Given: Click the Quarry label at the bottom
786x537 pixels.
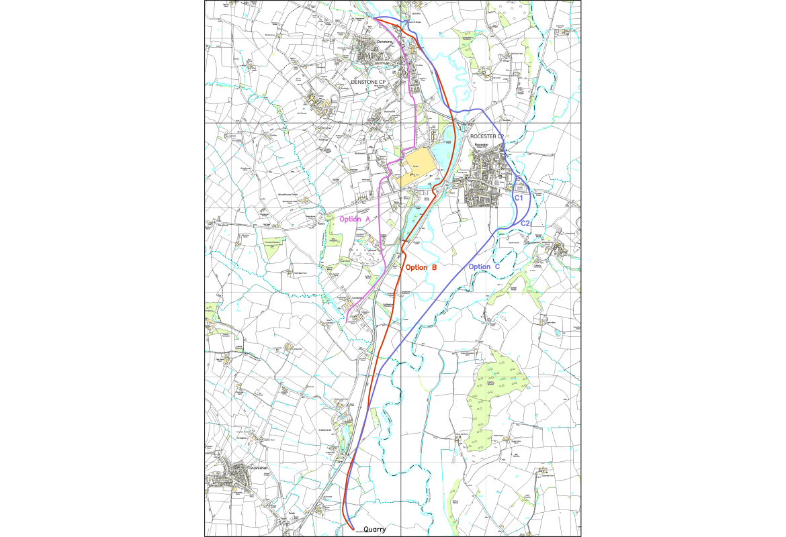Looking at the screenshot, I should pyautogui.click(x=375, y=530).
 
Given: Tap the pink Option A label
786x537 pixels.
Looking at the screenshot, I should pyautogui.click(x=355, y=219).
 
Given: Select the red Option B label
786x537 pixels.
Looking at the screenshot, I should pyautogui.click(x=421, y=267).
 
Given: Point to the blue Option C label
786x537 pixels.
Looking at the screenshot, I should pyautogui.click(x=484, y=267).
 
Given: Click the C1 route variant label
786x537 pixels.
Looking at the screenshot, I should pyautogui.click(x=519, y=199).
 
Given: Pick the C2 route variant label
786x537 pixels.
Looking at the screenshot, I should pyautogui.click(x=526, y=223).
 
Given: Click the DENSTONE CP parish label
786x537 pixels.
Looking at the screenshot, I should pyautogui.click(x=369, y=82).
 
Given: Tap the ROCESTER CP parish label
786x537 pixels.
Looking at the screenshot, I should pyautogui.click(x=486, y=136).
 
